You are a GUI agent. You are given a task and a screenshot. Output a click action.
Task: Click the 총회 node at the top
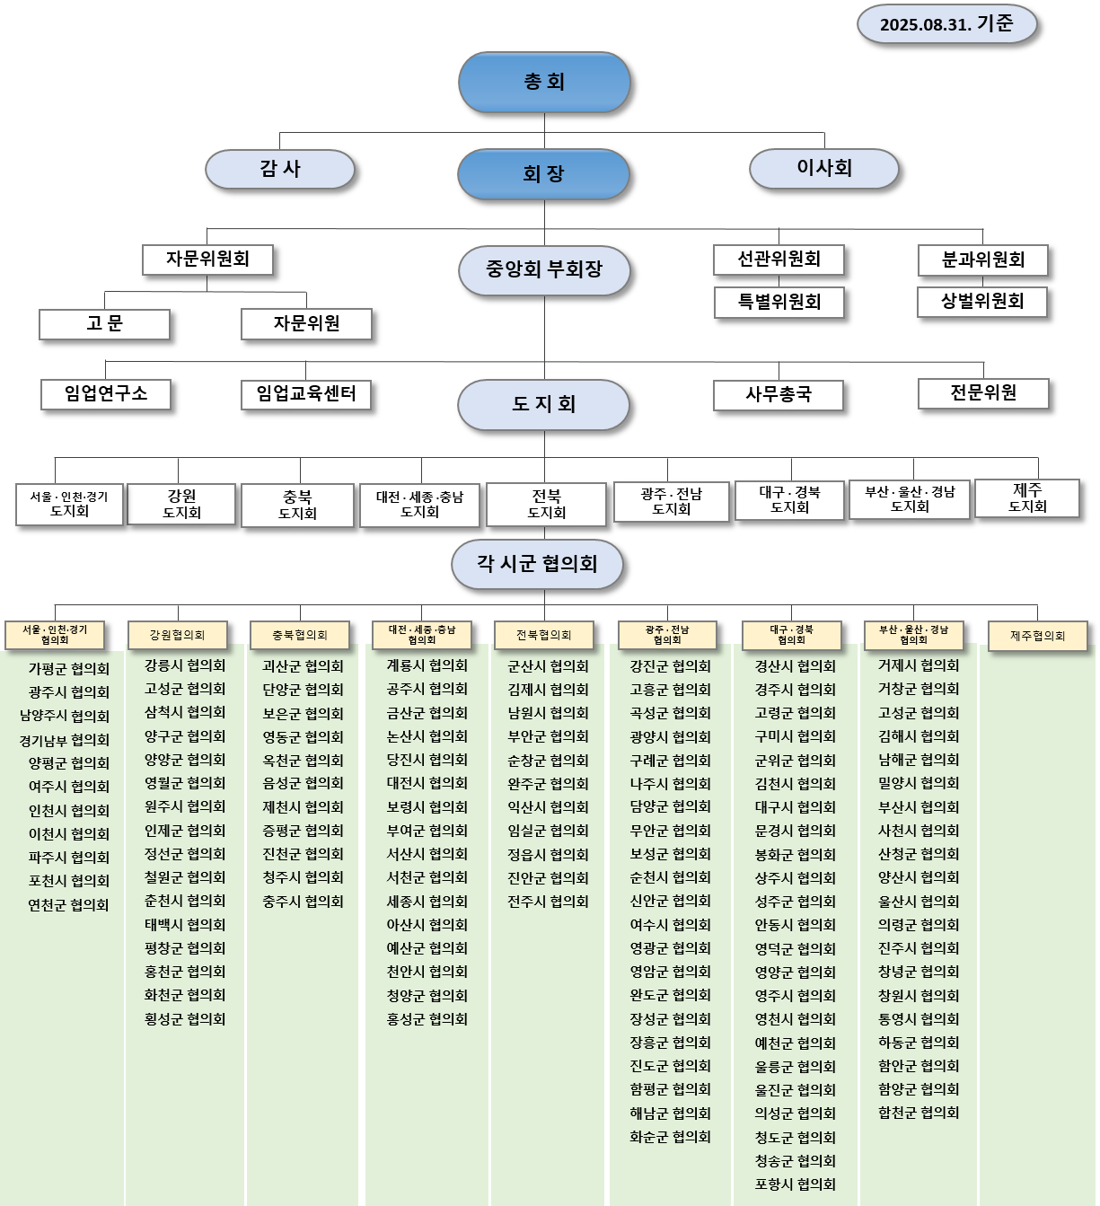tap(543, 82)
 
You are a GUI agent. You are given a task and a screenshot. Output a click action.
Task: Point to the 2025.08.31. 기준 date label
tap(946, 24)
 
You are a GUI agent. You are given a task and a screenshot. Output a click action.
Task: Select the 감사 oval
tap(279, 169)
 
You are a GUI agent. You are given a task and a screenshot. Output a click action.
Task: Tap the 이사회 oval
tap(823, 168)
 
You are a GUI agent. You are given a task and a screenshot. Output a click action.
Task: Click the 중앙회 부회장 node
tap(543, 270)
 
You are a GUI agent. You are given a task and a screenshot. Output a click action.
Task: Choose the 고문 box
tap(105, 324)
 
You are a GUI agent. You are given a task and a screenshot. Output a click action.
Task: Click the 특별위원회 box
tap(779, 302)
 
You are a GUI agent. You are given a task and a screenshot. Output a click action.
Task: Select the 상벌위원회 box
tap(982, 302)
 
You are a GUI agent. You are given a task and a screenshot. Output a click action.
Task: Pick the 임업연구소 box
tap(106, 394)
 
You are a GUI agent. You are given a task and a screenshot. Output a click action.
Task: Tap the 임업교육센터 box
tap(306, 394)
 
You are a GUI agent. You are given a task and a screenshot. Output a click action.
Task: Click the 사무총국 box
tap(779, 395)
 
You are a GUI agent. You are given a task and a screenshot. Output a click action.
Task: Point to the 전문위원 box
tap(983, 394)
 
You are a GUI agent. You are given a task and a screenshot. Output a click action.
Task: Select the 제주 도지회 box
tap(1027, 497)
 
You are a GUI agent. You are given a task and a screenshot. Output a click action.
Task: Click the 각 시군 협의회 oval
tap(537, 564)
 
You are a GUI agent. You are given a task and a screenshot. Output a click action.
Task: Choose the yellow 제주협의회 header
tap(1037, 636)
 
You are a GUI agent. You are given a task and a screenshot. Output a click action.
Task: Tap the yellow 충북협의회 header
tap(300, 635)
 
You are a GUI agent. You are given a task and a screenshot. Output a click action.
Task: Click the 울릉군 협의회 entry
tap(795, 1067)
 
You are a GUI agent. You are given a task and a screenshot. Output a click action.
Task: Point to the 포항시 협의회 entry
tap(795, 1184)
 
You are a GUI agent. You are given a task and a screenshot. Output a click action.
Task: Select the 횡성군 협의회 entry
tap(185, 1019)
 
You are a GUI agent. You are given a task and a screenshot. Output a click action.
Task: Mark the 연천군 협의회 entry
tap(68, 905)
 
